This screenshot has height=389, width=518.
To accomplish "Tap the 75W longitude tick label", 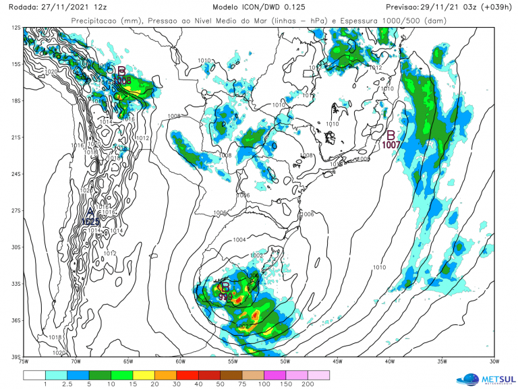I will pos(24,362).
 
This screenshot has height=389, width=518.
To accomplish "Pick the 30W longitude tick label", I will pos(494,362).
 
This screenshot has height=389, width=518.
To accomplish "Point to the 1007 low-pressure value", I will pos(392,144).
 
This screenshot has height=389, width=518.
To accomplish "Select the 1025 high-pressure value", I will pos(91,221).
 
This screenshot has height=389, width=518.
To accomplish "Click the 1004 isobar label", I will pos(239,240).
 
